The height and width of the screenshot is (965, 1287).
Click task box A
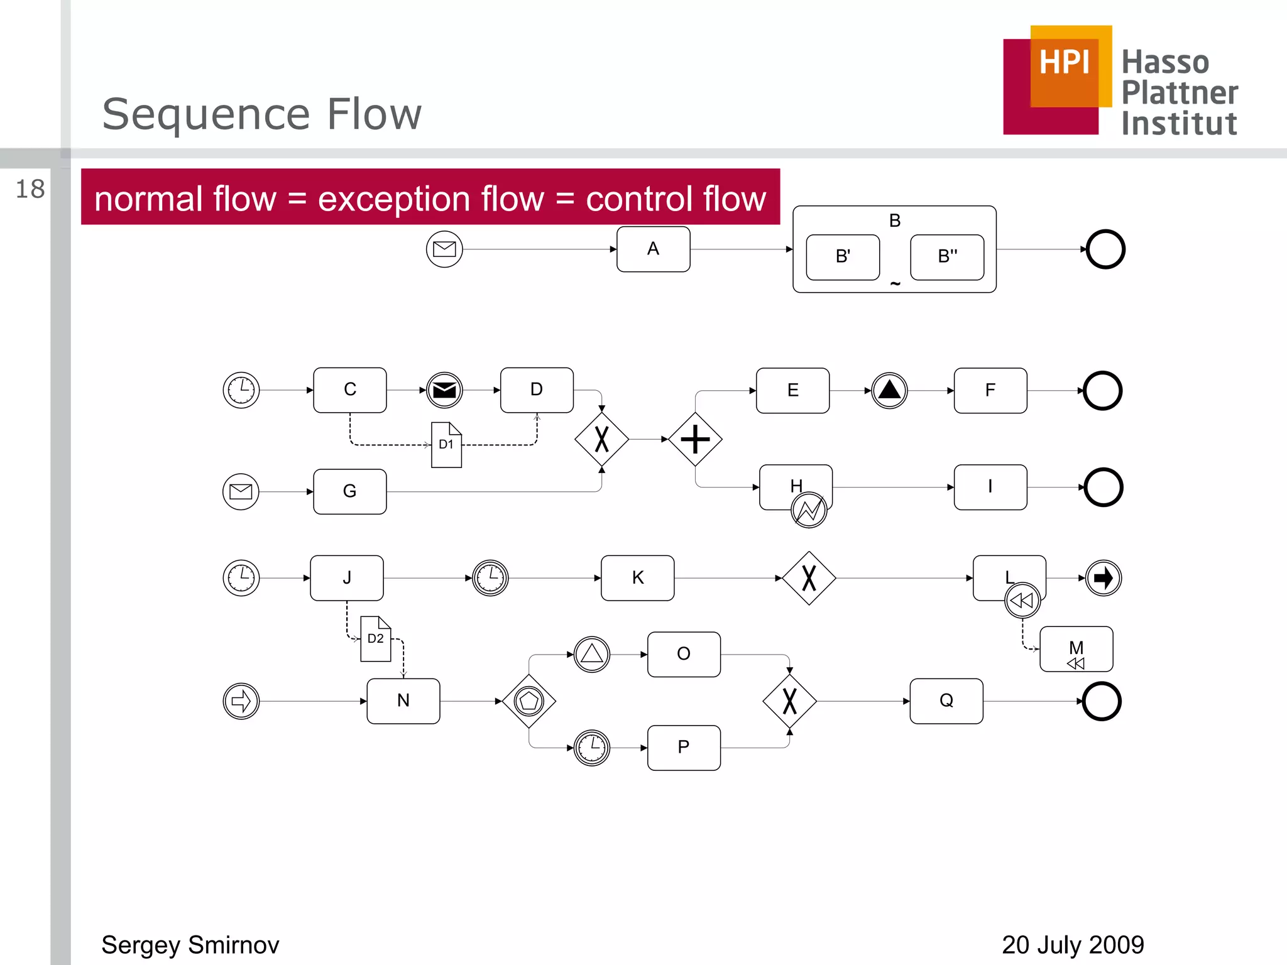point(653,249)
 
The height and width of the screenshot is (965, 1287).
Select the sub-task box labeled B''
point(947,257)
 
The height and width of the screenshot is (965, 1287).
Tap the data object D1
point(446,445)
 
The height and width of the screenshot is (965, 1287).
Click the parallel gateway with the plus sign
point(695,439)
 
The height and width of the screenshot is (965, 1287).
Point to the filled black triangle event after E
point(889,391)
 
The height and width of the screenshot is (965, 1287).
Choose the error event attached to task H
point(809,510)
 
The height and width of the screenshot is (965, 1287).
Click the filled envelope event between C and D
point(444,390)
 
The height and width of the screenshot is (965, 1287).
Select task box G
point(350,491)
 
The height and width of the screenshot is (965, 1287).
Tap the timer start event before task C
point(241,390)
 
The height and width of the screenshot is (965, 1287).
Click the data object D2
point(375,639)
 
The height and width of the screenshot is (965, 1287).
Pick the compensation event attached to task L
point(1022,601)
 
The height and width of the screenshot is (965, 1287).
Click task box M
point(1076,649)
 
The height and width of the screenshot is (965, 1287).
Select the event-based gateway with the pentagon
point(529,701)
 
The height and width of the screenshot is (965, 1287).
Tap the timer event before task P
point(592,748)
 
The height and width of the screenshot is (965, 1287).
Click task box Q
point(946,701)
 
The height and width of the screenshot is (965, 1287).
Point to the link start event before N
point(241,701)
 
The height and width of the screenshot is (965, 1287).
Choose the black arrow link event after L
point(1104,578)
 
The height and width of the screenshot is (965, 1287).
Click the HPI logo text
point(1064,63)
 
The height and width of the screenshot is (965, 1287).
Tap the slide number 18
point(30,189)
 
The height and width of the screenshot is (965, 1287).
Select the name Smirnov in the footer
point(233,945)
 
